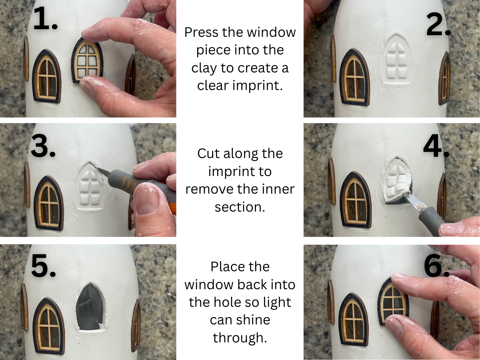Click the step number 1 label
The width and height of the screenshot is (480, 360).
click(45, 19)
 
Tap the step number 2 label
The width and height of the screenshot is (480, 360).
click(438, 26)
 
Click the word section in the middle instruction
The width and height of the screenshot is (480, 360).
click(240, 206)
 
